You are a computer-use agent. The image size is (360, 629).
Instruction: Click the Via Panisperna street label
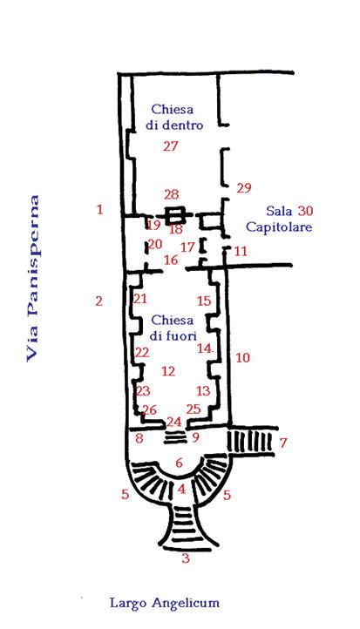[32, 279]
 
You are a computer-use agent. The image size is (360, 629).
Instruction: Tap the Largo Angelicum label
[165, 603]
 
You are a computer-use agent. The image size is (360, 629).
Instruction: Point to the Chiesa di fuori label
[173, 328]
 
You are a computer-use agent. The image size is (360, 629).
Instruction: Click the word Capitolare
[279, 227]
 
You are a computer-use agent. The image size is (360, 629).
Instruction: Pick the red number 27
[170, 146]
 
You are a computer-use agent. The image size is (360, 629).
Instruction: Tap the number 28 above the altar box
[171, 194]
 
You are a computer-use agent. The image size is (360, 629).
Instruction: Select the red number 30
[305, 211]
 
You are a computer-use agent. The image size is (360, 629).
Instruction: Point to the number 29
[244, 187]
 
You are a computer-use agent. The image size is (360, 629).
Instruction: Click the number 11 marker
[241, 252]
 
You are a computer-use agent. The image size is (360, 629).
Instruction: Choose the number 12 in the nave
[168, 371]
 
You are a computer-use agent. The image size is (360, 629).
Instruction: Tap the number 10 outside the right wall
[242, 357]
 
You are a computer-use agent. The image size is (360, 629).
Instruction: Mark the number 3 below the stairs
[186, 558]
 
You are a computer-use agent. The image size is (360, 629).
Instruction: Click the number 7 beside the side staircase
[283, 443]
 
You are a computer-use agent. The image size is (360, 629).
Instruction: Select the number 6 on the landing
[179, 463]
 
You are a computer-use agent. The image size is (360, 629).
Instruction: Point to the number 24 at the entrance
[174, 422]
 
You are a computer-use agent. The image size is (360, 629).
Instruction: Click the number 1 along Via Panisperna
[100, 209]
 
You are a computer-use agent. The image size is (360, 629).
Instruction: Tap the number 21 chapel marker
[140, 299]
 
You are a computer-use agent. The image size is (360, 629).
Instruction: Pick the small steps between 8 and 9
[174, 437]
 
